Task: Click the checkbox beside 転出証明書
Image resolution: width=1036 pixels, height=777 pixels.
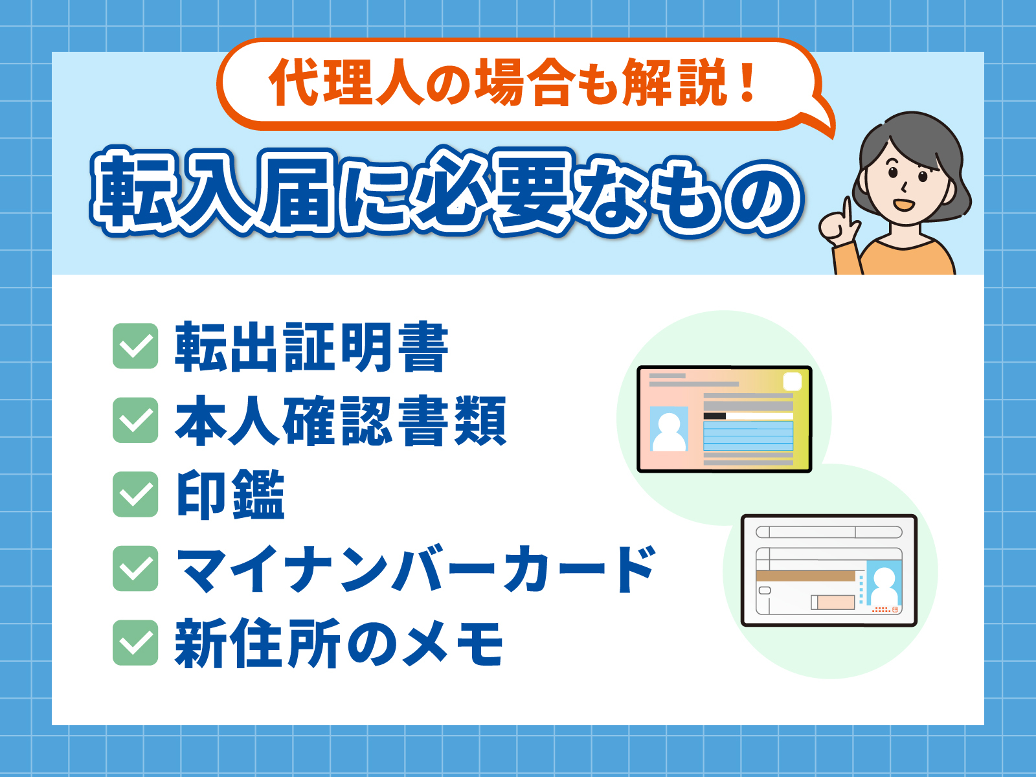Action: point(135,346)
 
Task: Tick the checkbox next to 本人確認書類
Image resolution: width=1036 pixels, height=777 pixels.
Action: point(135,420)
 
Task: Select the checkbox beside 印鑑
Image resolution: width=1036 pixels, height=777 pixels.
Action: point(135,494)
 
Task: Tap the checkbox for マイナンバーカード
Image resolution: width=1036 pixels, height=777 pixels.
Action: point(135,569)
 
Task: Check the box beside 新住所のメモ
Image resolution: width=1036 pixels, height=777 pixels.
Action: point(135,643)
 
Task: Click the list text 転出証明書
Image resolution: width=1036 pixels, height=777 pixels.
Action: point(311,348)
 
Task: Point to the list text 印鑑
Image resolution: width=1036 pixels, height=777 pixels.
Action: point(231,495)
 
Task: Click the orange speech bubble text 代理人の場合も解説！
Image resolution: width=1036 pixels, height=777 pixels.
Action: point(512,83)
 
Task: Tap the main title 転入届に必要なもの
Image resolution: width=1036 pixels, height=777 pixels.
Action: point(447,193)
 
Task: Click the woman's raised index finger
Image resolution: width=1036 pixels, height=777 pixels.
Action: point(846,210)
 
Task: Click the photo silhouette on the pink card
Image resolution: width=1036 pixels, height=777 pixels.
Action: point(669,430)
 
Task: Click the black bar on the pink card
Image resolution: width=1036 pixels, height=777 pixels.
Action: point(714,416)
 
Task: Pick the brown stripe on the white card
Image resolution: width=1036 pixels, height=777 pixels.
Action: point(805,576)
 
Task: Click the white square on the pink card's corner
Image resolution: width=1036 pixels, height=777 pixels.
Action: point(793,382)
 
